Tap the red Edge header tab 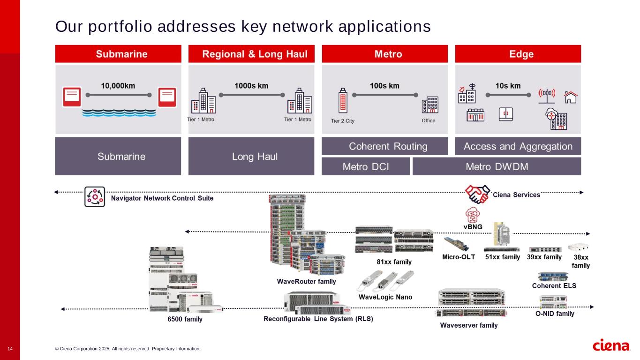coord(518,54)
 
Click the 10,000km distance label coord(118,86)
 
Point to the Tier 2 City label coord(343,121)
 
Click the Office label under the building coord(428,121)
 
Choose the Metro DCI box coord(366,166)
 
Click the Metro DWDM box coord(497,166)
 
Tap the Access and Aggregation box coord(518,146)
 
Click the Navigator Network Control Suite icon coord(94,197)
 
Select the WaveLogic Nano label coord(385,297)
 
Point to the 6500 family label coord(185,320)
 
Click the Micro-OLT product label coord(459,257)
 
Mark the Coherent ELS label coord(554,286)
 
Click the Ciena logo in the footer coord(611,346)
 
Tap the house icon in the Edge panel coord(570,97)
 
